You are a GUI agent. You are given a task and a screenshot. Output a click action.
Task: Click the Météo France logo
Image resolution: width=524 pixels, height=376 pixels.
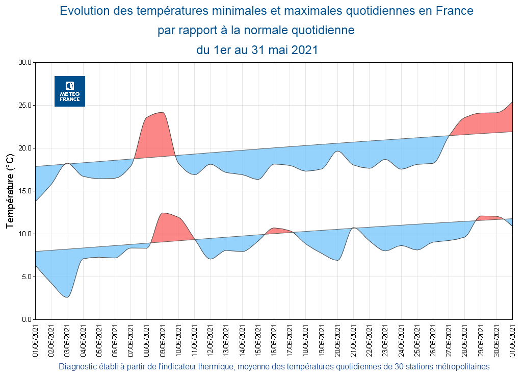pyautogui.click(x=70, y=91)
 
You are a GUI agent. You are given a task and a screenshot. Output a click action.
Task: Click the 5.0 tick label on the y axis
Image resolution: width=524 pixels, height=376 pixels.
pyautogui.click(x=25, y=277)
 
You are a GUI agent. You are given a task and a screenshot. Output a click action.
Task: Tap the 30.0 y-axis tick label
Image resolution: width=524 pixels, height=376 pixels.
pyautogui.click(x=24, y=63)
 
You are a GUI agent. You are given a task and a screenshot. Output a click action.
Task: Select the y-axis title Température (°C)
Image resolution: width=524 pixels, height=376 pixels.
pyautogui.click(x=10, y=191)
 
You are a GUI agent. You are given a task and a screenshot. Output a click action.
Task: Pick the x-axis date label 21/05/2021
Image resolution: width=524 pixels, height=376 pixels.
pyautogui.click(x=353, y=340)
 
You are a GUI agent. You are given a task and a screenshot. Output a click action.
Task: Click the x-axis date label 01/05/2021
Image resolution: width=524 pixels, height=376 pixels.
pyautogui.click(x=36, y=340)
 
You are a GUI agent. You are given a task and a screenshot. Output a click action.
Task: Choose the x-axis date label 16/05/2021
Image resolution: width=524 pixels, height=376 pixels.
pyautogui.click(x=274, y=340)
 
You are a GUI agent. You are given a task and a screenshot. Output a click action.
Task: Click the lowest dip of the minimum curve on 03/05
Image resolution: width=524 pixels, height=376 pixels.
pyautogui.click(x=67, y=296)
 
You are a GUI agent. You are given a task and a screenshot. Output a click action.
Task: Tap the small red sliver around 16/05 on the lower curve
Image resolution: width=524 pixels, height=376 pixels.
pyautogui.click(x=277, y=231)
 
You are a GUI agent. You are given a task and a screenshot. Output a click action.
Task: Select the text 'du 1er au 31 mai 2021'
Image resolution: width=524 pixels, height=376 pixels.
pyautogui.click(x=257, y=50)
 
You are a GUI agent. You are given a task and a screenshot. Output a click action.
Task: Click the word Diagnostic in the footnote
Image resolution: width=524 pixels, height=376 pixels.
pyautogui.click(x=76, y=366)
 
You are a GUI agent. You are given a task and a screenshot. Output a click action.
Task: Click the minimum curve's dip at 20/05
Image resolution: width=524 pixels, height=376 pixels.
pyautogui.click(x=337, y=260)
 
